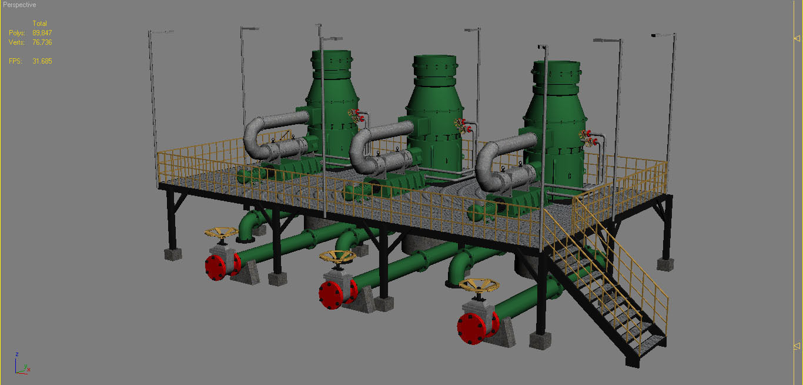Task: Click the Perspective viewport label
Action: click(x=19, y=5)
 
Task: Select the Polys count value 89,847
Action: click(x=42, y=33)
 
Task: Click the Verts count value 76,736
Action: click(x=42, y=42)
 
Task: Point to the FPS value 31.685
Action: click(x=42, y=61)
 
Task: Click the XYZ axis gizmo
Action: click(x=22, y=366)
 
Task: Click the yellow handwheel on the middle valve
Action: click(x=337, y=257)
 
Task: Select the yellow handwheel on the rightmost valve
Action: click(x=479, y=286)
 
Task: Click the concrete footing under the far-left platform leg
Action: click(x=172, y=254)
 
